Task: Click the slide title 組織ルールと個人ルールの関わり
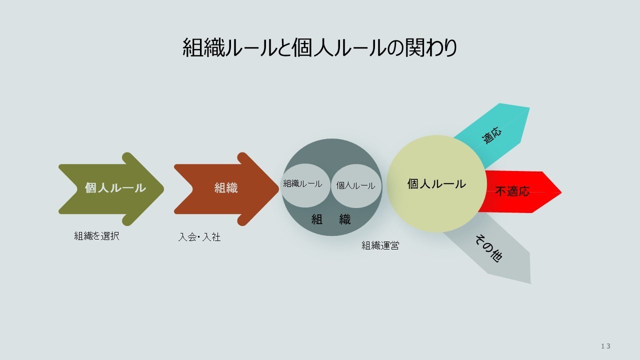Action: [319, 47]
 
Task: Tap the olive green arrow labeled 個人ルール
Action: [111, 189]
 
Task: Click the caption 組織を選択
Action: [96, 236]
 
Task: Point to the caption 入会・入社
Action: [199, 237]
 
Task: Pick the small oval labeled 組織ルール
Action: [305, 185]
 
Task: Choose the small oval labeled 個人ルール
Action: [356, 186]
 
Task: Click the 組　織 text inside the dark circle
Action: [331, 219]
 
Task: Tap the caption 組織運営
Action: [380, 245]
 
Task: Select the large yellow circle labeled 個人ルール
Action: [436, 183]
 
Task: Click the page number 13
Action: [605, 346]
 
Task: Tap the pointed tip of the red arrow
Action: [561, 192]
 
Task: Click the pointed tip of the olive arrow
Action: [163, 189]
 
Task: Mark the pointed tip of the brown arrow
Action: [278, 189]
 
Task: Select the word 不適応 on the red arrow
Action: [512, 191]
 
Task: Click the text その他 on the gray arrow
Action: [489, 248]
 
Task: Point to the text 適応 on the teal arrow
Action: [491, 135]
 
